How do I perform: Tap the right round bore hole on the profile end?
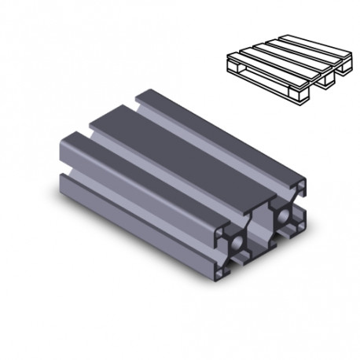click(280, 214)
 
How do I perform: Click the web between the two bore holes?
click(259, 229)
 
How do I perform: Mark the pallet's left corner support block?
click(233, 68)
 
